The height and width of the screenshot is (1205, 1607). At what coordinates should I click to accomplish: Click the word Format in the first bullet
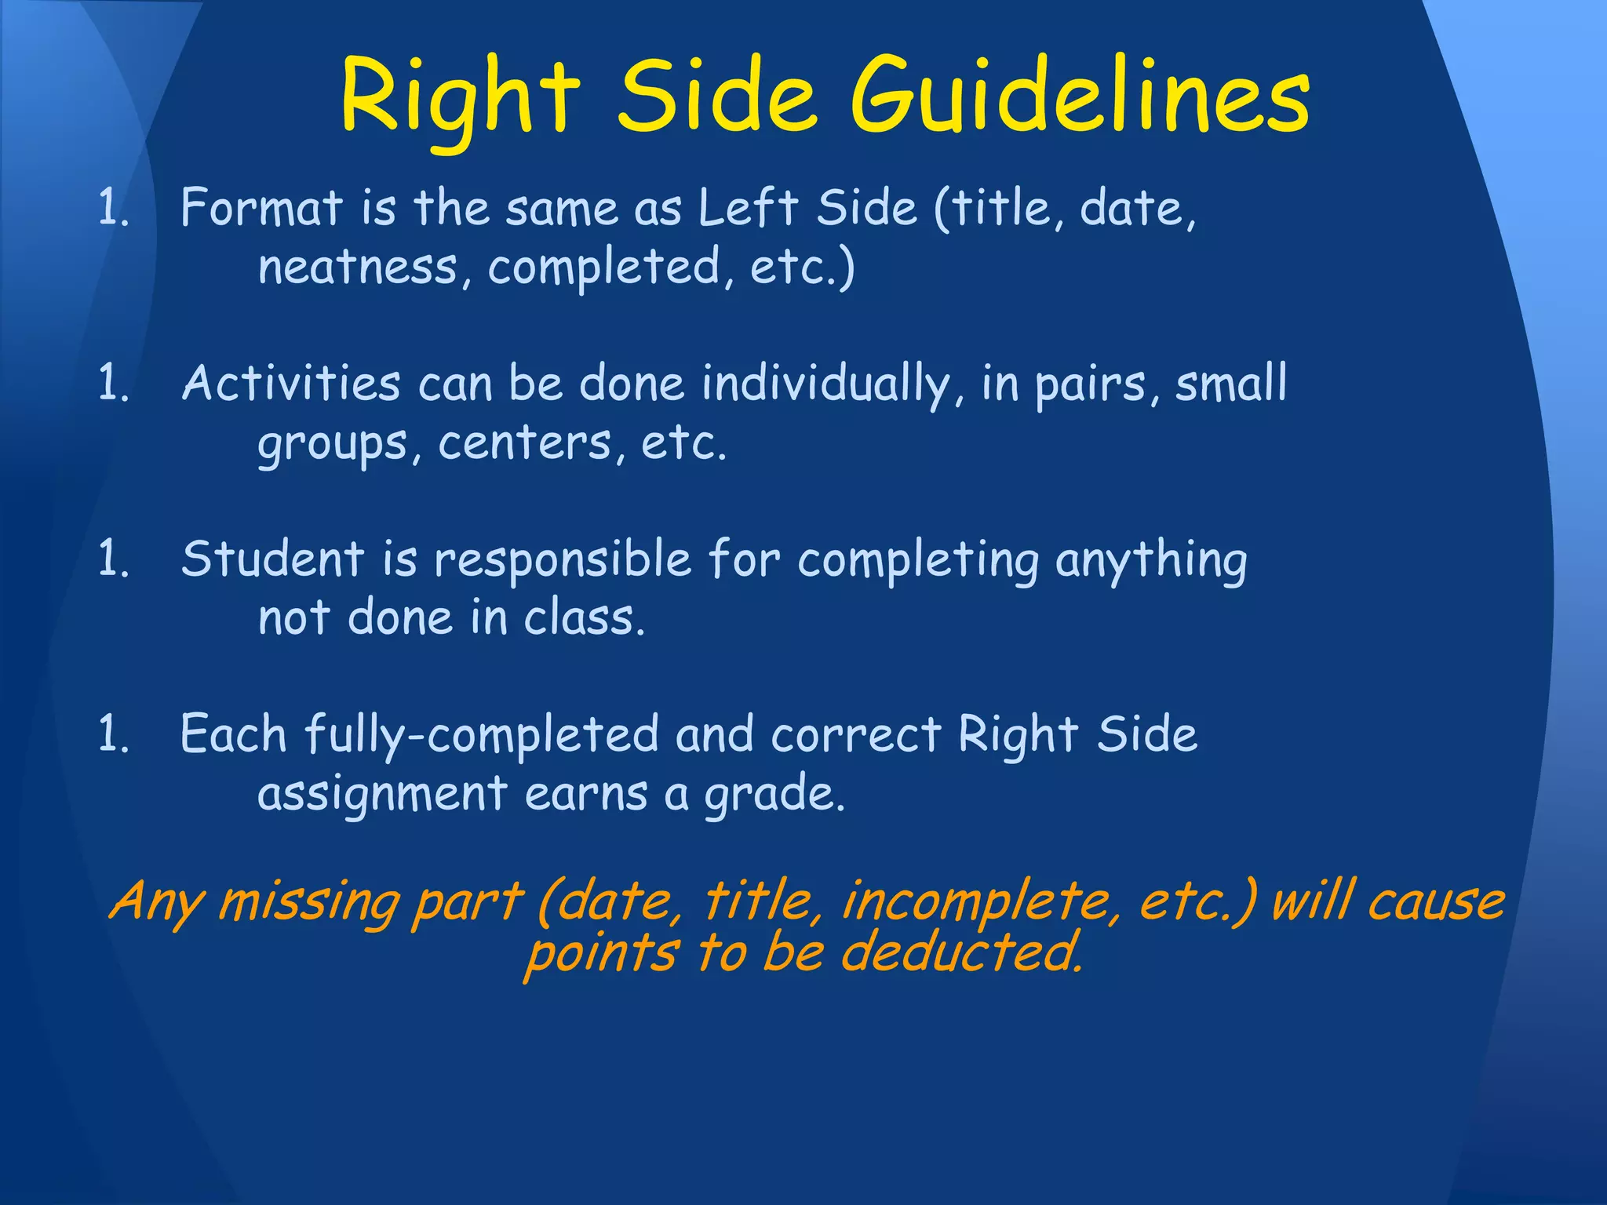(262, 209)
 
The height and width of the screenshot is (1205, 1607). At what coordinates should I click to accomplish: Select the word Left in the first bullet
(748, 209)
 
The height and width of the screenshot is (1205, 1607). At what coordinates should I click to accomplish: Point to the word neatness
(358, 268)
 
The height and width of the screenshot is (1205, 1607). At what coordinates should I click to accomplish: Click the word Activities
(291, 384)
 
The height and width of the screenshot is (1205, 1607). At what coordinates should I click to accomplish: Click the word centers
(524, 444)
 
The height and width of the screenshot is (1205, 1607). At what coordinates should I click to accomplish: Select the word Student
(273, 560)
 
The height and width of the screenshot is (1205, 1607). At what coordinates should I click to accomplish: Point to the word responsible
(563, 560)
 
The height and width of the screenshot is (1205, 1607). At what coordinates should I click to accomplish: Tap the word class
(585, 618)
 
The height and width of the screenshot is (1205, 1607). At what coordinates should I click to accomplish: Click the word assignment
(382, 794)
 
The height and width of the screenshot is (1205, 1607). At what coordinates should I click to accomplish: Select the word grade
(774, 795)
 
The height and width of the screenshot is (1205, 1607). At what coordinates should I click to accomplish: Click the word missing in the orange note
(304, 901)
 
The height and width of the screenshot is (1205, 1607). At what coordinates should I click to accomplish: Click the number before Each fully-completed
(113, 736)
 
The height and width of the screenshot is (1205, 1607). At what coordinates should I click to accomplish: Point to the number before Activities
(113, 384)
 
